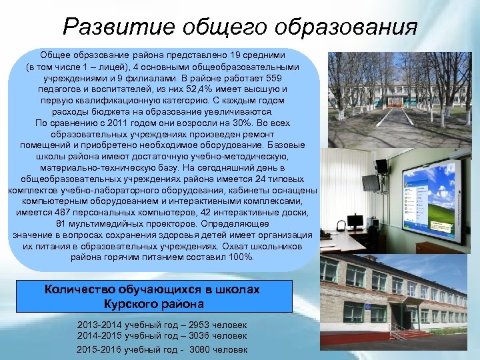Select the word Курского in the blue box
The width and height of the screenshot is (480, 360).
pyautogui.click(x=127, y=304)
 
